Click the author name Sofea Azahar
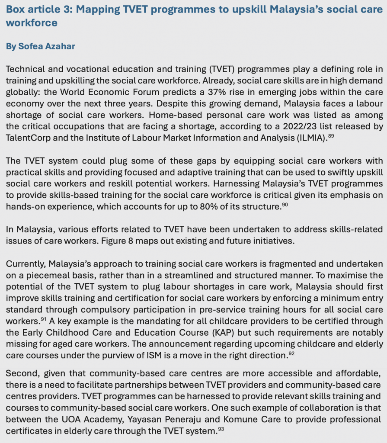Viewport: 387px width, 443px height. tap(47, 46)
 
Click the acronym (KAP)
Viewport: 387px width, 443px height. tap(230, 333)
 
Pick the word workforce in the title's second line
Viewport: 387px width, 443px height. tap(32, 22)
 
